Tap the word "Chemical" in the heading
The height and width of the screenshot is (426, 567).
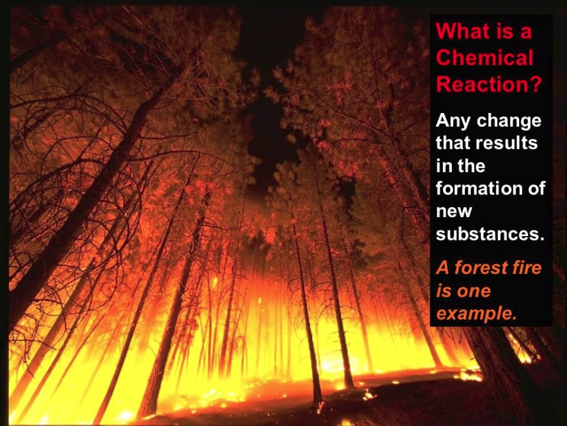click(484, 57)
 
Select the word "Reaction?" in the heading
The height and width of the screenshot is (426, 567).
click(489, 84)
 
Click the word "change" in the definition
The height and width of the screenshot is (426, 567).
click(509, 121)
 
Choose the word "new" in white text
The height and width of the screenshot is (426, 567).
click(454, 212)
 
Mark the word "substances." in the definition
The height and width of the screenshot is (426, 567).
click(490, 234)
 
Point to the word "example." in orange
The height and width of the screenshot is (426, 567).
click(476, 314)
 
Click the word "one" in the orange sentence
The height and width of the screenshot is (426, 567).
click(475, 292)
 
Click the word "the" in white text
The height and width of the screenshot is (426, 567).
click(471, 166)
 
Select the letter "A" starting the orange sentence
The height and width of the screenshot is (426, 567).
click(443, 268)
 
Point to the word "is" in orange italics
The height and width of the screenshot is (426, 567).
click(444, 291)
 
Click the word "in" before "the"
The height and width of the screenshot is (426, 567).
click(444, 166)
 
